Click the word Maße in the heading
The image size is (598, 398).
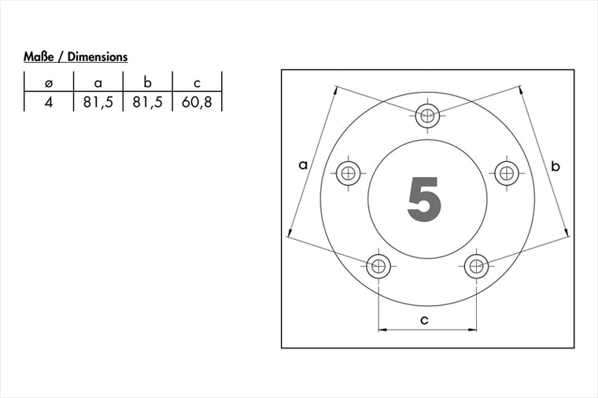39,57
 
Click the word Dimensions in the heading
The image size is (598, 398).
98,57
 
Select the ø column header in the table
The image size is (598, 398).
49,83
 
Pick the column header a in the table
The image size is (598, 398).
98,83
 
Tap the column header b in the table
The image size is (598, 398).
148,83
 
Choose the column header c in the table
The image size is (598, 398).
197,83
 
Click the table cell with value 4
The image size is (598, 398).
48,101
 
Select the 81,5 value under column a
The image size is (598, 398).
98,102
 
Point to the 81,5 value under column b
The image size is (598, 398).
148,102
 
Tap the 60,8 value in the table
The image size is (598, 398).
197,102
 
